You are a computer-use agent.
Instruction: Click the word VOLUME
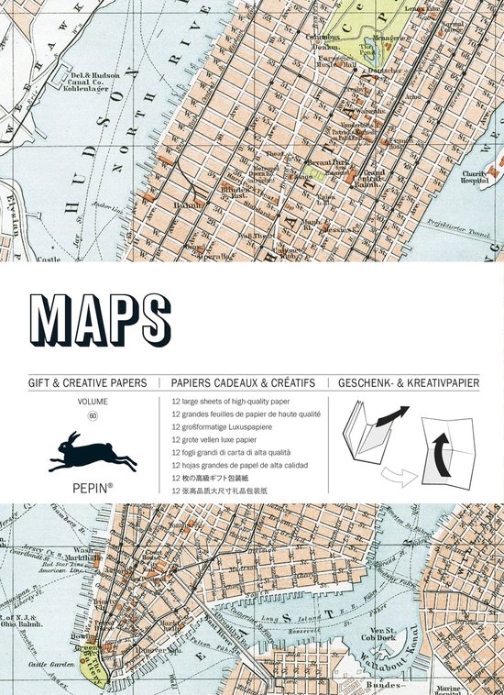click(x=93, y=402)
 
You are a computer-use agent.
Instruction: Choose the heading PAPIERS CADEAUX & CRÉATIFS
click(x=243, y=382)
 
